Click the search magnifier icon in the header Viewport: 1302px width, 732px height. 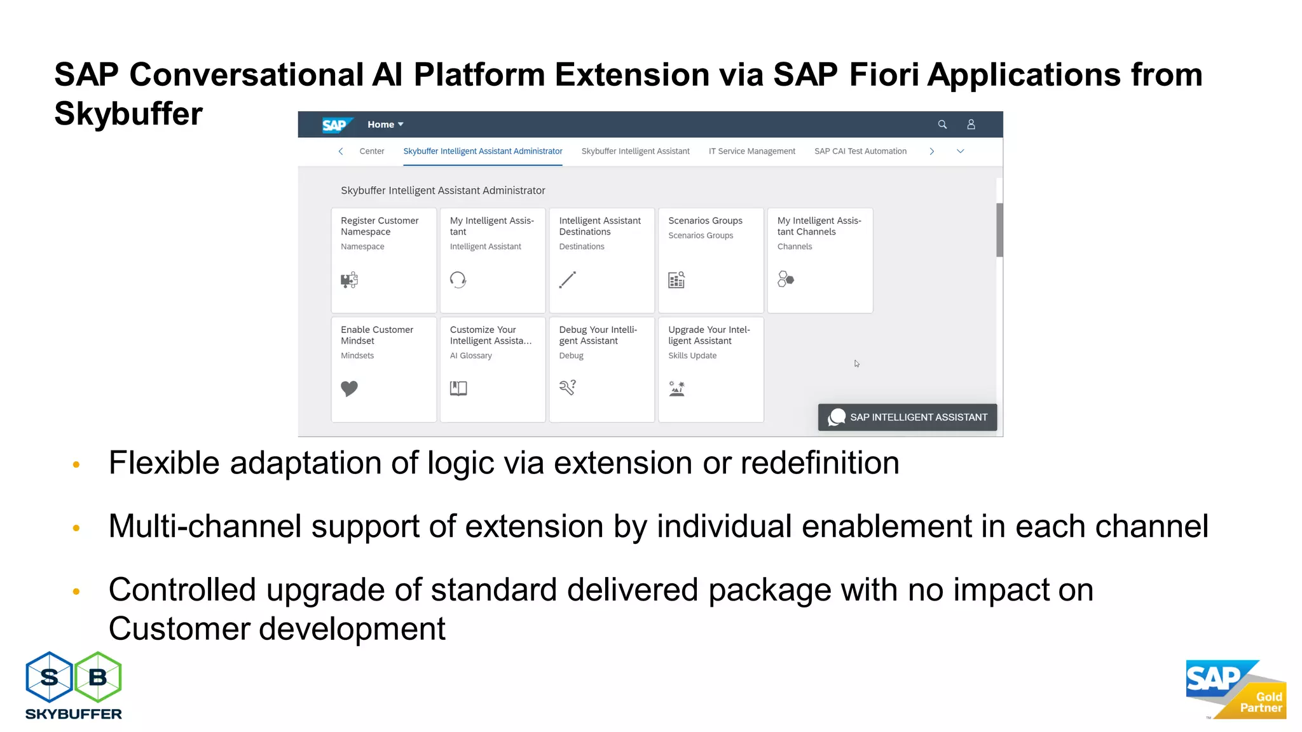pyautogui.click(x=942, y=125)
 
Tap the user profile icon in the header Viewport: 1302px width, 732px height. pyautogui.click(x=971, y=125)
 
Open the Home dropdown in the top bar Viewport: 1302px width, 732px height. pyautogui.click(x=385, y=125)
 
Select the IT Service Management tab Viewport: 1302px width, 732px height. pyautogui.click(x=751, y=151)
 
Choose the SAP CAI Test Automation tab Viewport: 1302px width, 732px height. pyautogui.click(x=860, y=151)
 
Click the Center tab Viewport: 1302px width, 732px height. pyautogui.click(x=371, y=151)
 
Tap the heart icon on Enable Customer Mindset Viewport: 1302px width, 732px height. pyautogui.click(x=349, y=388)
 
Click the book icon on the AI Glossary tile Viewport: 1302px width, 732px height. pyautogui.click(x=458, y=388)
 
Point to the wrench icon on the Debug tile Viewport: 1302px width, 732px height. pyautogui.click(x=567, y=387)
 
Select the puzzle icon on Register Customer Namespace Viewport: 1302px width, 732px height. pyautogui.click(x=349, y=280)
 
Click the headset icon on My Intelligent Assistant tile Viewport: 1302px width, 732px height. pyautogui.click(x=458, y=280)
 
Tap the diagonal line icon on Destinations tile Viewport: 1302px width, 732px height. pyautogui.click(x=567, y=280)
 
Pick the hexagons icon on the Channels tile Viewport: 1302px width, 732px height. pyautogui.click(x=786, y=279)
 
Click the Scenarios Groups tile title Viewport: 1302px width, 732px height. pyautogui.click(x=705, y=220)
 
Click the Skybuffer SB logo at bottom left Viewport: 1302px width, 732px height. pyautogui.click(x=74, y=685)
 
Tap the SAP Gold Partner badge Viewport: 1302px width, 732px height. pyautogui.click(x=1235, y=689)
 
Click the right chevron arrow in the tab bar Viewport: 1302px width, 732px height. pyautogui.click(x=931, y=151)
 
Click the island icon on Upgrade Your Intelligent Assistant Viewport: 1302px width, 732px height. pyautogui.click(x=676, y=388)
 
